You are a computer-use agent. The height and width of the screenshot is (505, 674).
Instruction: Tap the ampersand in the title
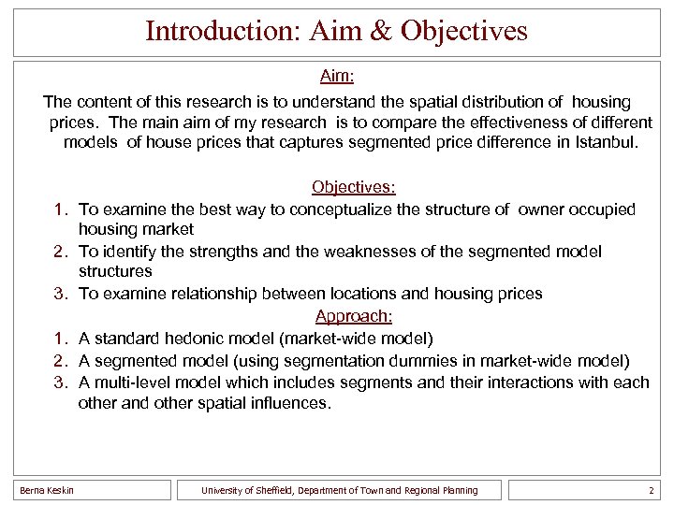[381, 31]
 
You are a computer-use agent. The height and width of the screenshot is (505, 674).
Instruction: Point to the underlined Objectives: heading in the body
[354, 187]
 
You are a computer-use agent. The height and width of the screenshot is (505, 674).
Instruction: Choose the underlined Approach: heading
[354, 316]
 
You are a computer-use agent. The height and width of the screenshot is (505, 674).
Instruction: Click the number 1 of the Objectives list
[58, 209]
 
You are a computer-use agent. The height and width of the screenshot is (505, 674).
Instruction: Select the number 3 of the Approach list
[58, 382]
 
